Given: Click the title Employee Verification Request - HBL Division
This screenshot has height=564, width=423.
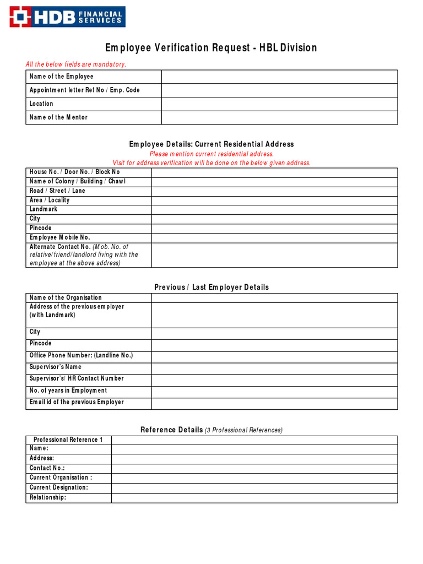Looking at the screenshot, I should coord(211,48).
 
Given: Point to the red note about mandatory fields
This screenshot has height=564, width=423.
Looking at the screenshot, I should coord(76,64).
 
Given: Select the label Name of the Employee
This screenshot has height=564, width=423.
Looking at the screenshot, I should coord(61,77).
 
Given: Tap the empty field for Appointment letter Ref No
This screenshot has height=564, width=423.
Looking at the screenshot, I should coord(279,90).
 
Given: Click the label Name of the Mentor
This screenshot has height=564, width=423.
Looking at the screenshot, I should coord(58,117).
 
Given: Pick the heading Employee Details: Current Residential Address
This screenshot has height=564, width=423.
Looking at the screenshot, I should coord(211,144).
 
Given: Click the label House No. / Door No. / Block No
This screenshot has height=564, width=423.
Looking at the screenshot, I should coord(74,172).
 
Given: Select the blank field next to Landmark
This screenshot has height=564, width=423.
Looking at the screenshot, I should coord(274,210).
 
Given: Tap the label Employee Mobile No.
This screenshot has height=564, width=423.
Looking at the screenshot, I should coord(59,237).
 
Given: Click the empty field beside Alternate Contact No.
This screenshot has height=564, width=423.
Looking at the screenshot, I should coord(274,255).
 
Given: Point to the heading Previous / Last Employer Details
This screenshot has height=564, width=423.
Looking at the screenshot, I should coord(211,288).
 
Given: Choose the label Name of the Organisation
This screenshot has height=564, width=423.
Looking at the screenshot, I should coord(66,298).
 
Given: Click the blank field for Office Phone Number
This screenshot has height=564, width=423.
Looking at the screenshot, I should coord(274,357).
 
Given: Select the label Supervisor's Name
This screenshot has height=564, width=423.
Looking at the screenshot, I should coord(55,367).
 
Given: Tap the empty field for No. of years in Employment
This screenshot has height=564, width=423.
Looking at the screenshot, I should coord(274,392).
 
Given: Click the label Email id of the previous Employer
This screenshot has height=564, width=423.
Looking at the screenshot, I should coord(77,402).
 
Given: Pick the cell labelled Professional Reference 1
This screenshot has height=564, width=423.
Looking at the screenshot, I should coord(68,440).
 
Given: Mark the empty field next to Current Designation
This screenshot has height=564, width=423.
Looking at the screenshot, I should coord(254,488).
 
